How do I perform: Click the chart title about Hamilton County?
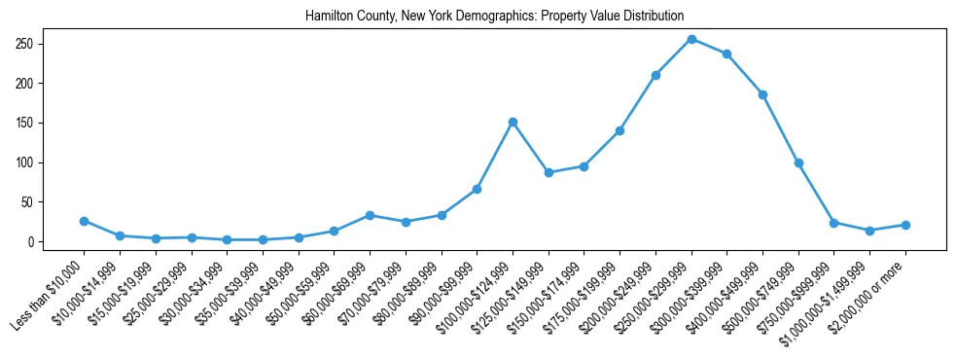point(494,17)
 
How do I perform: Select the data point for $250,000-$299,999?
point(691,39)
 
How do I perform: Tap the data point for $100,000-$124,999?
point(513,122)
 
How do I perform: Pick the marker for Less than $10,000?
point(84,221)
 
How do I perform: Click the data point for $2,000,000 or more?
point(905,225)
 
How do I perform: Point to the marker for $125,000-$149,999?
point(549,172)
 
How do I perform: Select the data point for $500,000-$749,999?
point(798,162)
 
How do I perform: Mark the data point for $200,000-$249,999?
point(655,75)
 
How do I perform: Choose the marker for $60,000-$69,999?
point(370,215)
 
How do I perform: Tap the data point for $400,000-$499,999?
point(762,94)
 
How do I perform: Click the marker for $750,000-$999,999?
point(833,223)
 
